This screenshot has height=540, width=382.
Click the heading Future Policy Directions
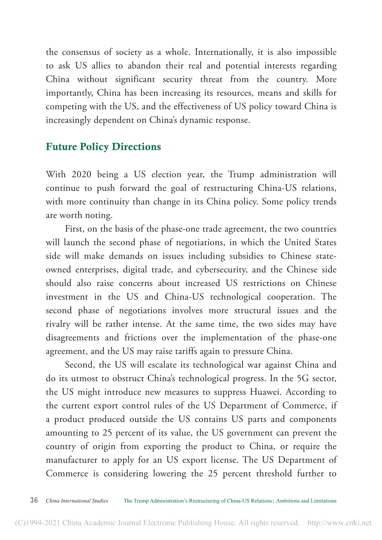(x=103, y=147)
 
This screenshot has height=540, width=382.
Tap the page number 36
(x=34, y=501)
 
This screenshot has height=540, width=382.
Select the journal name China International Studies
(x=77, y=501)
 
